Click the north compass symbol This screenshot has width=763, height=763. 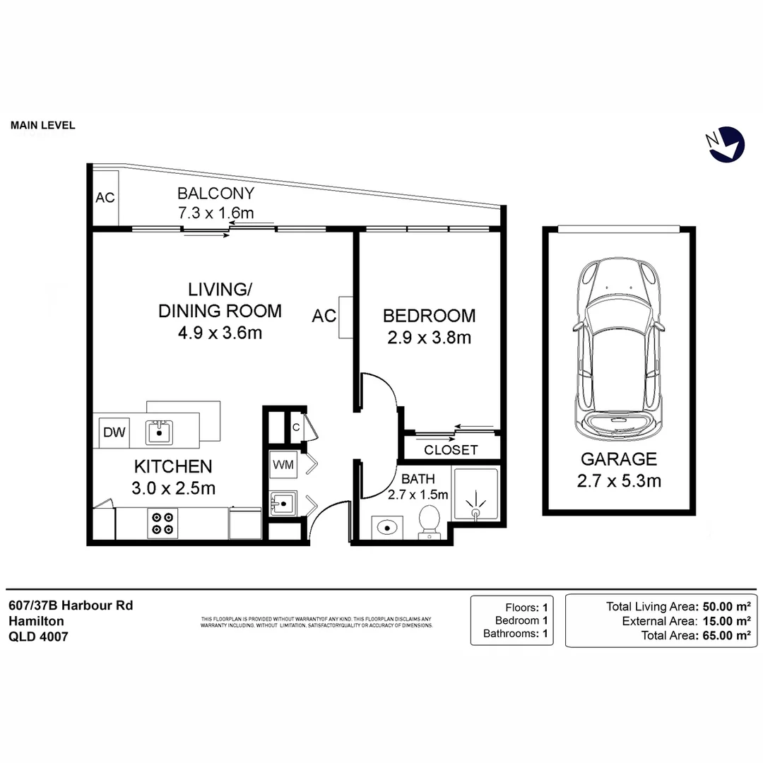pyautogui.click(x=726, y=144)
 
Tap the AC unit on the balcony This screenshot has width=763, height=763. pyautogui.click(x=105, y=197)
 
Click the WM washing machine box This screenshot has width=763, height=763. pyautogui.click(x=283, y=465)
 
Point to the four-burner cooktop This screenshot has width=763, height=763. pyautogui.click(x=161, y=524)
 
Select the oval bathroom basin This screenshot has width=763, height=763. pyautogui.click(x=386, y=527)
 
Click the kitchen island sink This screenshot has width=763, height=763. pyautogui.click(x=159, y=431)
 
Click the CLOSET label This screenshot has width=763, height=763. pyautogui.click(x=451, y=450)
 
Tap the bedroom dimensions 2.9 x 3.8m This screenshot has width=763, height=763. pyautogui.click(x=428, y=338)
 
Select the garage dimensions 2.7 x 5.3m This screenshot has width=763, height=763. pyautogui.click(x=619, y=482)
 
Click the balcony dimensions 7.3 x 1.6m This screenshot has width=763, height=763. pyautogui.click(x=215, y=212)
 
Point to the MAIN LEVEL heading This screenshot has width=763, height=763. pyautogui.click(x=42, y=126)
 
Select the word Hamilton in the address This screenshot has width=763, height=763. pyautogui.click(x=36, y=621)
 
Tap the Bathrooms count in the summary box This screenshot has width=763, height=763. pyautogui.click(x=545, y=634)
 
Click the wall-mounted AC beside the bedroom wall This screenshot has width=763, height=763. pyautogui.click(x=345, y=317)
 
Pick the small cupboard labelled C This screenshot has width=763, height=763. pyautogui.click(x=297, y=427)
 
